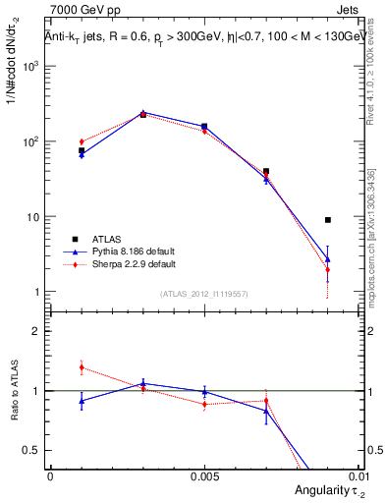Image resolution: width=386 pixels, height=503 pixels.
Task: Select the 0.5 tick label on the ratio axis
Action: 32,451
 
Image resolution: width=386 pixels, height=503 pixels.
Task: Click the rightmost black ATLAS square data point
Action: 327,220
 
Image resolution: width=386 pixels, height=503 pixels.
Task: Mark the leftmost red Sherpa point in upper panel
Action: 82,141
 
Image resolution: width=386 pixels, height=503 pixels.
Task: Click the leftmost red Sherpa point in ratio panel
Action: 82,367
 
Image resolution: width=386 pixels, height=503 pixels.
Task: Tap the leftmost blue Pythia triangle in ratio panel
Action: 82,401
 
